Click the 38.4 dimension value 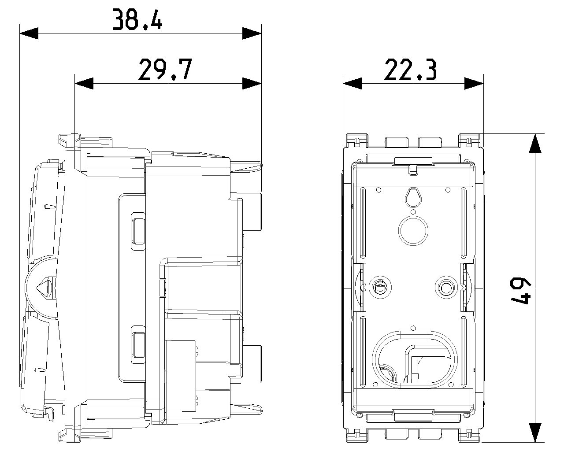pyautogui.click(x=137, y=19)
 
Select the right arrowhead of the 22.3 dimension pyautogui.click(x=474, y=83)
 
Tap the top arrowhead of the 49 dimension pyautogui.click(x=534, y=143)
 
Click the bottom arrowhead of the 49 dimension pyautogui.click(x=534, y=432)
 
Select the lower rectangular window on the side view pyautogui.click(x=137, y=344)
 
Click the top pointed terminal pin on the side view pyautogui.click(x=247, y=165)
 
